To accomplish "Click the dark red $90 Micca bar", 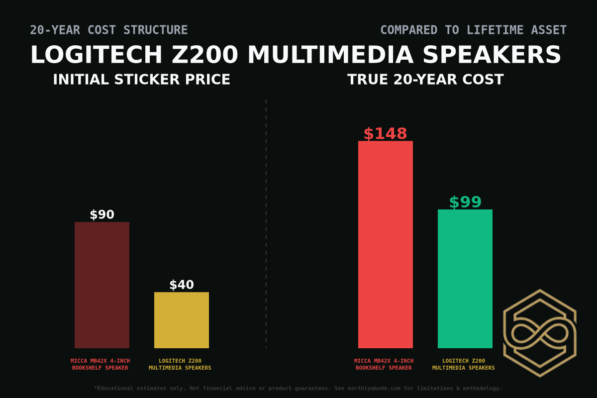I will coord(102,285).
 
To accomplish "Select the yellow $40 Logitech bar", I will coord(182,320).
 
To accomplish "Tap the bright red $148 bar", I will coord(386,244).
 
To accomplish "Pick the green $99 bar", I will coord(465,279).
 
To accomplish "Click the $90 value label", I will coord(102,215).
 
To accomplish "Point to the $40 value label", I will coord(182,285).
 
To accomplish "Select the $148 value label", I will coord(386,134).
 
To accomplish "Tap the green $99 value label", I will coord(465,202).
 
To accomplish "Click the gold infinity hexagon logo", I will coord(540,333).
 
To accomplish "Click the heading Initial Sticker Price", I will coord(142,80).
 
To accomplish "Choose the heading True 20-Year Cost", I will coord(425,80).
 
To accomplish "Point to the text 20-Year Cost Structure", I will coord(109,30).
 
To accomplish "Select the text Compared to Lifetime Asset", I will coord(473,30).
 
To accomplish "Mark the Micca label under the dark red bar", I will coord(100,364).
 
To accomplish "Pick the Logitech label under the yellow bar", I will coord(180,364).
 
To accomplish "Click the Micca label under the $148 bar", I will coord(384,364).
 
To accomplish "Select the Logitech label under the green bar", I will coord(464,364).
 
